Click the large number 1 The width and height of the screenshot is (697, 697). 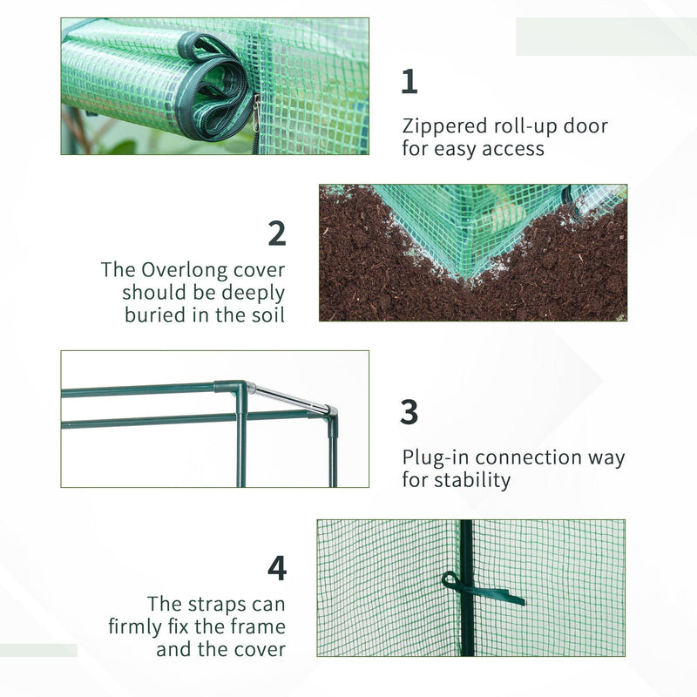(409, 81)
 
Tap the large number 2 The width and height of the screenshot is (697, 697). (276, 233)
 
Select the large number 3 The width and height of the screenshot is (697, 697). (409, 411)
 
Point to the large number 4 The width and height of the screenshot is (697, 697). (276, 568)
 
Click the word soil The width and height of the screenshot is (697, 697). (264, 315)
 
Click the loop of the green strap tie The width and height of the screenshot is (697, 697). (451, 581)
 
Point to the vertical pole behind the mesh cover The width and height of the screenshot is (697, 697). (468, 627)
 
